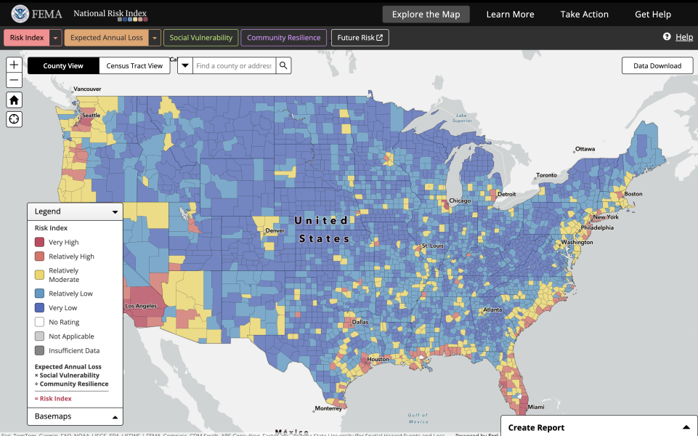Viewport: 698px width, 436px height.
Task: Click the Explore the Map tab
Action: [x=426, y=15]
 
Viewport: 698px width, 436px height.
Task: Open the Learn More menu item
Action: [x=510, y=15]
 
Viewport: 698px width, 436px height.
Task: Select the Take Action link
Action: [x=584, y=15]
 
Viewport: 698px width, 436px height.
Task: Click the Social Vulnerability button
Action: [x=201, y=38]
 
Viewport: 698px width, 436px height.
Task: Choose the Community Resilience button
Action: [x=283, y=38]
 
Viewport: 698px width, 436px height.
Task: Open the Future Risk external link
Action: [x=360, y=38]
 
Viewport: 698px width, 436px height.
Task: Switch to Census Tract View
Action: [x=134, y=66]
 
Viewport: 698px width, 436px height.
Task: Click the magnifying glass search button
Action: [x=283, y=66]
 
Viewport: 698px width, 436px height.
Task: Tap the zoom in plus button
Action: [x=14, y=65]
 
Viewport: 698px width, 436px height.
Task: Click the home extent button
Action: [x=14, y=100]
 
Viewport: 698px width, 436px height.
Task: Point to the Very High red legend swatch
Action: [x=40, y=242]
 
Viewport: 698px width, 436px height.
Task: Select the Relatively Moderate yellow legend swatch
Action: [x=40, y=275]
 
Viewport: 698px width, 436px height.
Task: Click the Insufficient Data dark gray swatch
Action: [x=40, y=350]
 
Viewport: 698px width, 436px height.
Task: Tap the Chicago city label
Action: [x=459, y=201]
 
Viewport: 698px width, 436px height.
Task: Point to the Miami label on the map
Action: [x=536, y=407]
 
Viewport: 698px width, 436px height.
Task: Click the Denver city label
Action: [x=275, y=231]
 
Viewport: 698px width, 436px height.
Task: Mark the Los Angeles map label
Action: [x=141, y=306]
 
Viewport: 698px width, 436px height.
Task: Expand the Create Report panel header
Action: [x=598, y=427]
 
